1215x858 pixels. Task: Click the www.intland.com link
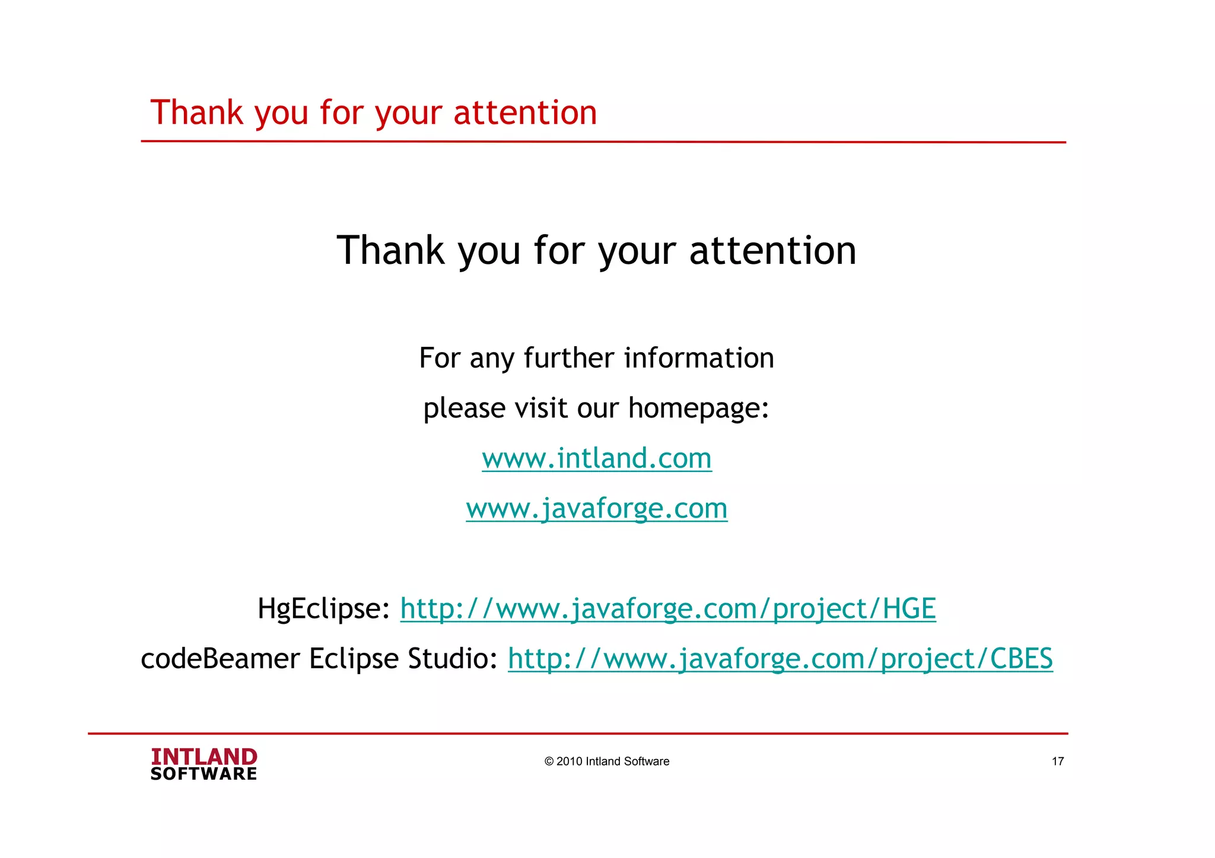click(x=596, y=458)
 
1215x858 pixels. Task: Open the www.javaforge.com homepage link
click(x=596, y=509)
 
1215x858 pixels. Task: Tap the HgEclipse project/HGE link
click(x=668, y=609)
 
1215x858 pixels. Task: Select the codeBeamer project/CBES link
click(x=780, y=659)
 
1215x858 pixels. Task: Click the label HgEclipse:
click(x=323, y=609)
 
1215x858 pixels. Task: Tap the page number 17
click(x=1058, y=761)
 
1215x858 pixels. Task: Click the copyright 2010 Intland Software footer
click(x=607, y=761)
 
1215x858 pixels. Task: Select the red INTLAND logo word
click(x=204, y=757)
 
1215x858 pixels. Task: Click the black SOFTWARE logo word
click(x=204, y=774)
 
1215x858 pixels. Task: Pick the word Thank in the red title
click(x=197, y=113)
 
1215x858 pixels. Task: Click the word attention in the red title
click(x=525, y=113)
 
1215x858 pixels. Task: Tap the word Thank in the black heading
click(x=390, y=250)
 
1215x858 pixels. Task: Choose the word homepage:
click(x=698, y=409)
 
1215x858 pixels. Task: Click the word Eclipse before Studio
click(x=354, y=659)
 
